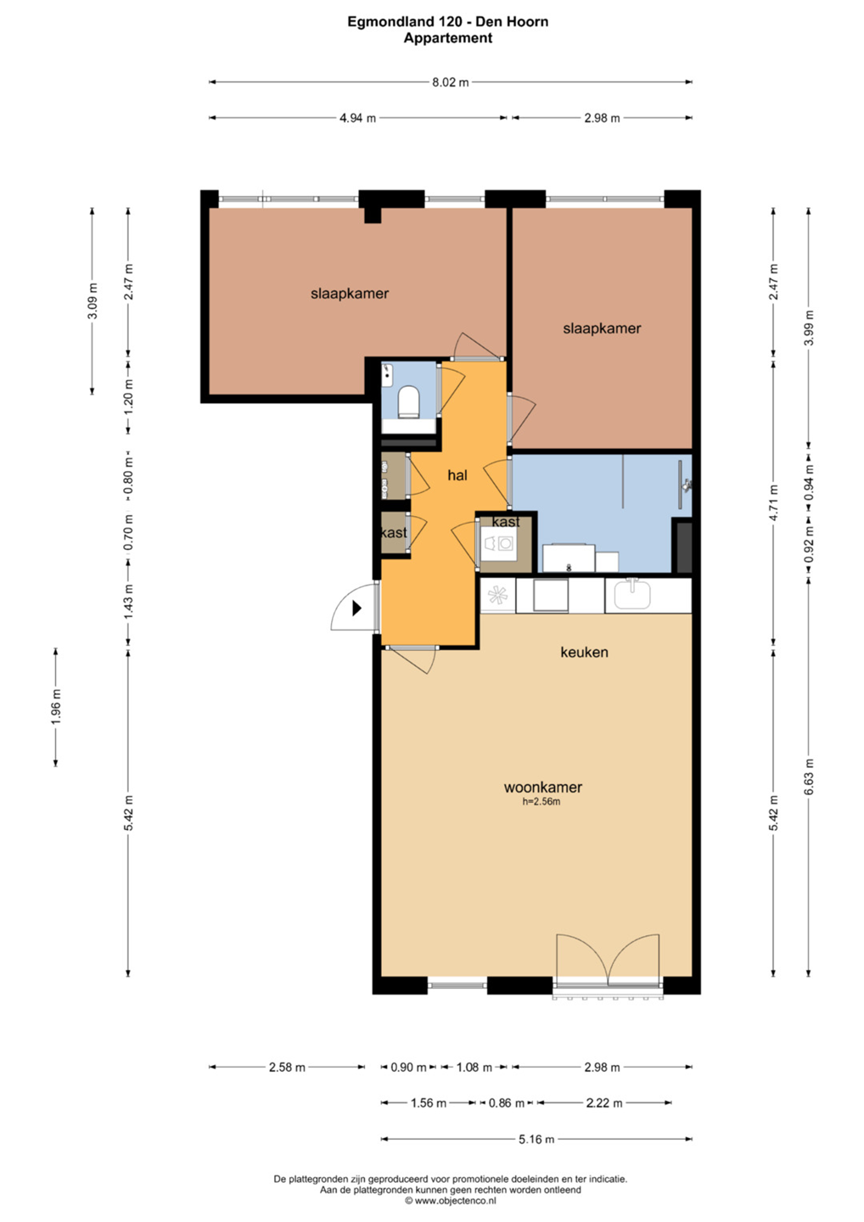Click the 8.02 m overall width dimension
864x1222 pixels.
(x=450, y=82)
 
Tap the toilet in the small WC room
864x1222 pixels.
(x=408, y=402)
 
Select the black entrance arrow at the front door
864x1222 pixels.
(x=356, y=608)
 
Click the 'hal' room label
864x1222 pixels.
(x=457, y=475)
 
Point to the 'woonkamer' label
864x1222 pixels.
(x=542, y=788)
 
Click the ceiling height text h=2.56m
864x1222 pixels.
(x=541, y=802)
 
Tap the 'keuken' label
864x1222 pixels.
(x=584, y=652)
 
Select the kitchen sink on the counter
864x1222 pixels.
(x=633, y=595)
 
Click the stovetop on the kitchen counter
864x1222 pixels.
(x=498, y=595)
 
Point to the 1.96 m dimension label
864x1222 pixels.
(x=56, y=707)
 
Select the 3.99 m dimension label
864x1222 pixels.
(x=809, y=328)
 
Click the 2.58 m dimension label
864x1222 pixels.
(x=287, y=1067)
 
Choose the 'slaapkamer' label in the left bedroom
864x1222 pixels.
(x=350, y=294)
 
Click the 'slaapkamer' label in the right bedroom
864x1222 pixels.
(x=602, y=328)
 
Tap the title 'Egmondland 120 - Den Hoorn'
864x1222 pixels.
(x=448, y=22)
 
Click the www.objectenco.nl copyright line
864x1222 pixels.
(x=451, y=1201)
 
